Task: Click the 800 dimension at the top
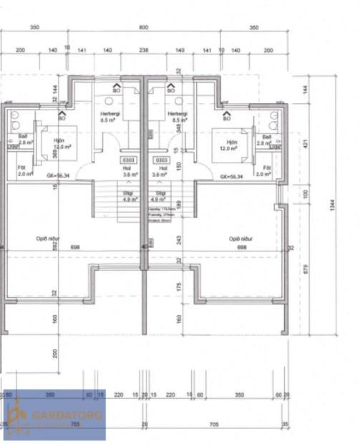[143, 26]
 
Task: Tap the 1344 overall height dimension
[332, 205]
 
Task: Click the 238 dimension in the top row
[143, 51]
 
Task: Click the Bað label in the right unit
[268, 137]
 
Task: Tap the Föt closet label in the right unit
[266, 168]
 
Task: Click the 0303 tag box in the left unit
[129, 160]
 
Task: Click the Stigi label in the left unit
[130, 193]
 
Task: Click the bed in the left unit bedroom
[54, 143]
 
